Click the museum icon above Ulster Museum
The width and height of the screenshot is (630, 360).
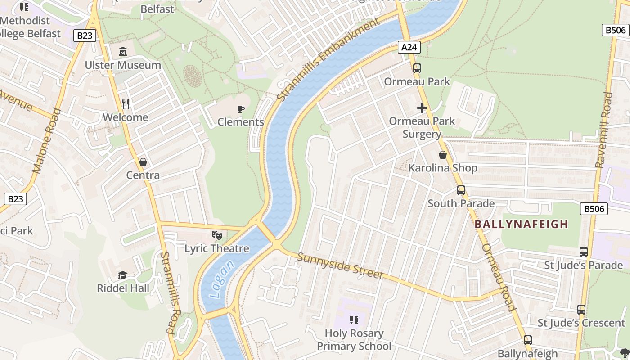coord(123,52)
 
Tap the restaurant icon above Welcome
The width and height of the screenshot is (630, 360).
coord(126,104)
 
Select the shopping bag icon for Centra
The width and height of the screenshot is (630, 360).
coord(143,162)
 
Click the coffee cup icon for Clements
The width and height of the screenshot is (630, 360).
coord(241,109)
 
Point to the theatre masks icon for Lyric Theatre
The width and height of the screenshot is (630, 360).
coord(217,235)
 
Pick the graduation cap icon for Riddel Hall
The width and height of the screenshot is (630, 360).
coord(122,275)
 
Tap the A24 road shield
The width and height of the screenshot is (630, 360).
coord(409,47)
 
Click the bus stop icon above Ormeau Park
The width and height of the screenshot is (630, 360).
coord(417,68)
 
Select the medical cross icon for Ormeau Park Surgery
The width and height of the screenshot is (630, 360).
coord(422,108)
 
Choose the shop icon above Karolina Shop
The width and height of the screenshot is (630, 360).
coord(443,155)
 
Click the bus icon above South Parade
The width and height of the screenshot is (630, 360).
coord(461,190)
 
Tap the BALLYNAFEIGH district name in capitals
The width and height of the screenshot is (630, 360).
coord(522,224)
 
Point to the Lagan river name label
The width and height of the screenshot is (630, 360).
coord(222,279)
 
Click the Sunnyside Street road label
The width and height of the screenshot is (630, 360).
coord(340,266)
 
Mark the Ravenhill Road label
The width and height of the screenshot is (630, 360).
coord(604,130)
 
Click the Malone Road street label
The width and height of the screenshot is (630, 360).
coord(47,140)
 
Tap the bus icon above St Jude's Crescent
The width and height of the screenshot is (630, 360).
coord(581,310)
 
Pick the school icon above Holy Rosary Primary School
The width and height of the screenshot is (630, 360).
coord(354,320)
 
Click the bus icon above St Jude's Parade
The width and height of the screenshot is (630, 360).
coord(584,252)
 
